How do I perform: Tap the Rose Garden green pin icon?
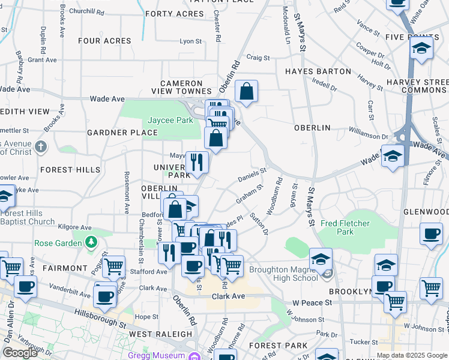91,242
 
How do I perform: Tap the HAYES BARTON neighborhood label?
318,71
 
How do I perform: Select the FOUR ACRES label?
104,41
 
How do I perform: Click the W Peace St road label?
312,303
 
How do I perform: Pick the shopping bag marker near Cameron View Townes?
246,92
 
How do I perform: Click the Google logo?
20,353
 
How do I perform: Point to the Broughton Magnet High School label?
283,274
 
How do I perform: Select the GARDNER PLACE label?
113,133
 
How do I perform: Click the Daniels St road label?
252,175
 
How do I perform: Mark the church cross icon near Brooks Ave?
40,146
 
